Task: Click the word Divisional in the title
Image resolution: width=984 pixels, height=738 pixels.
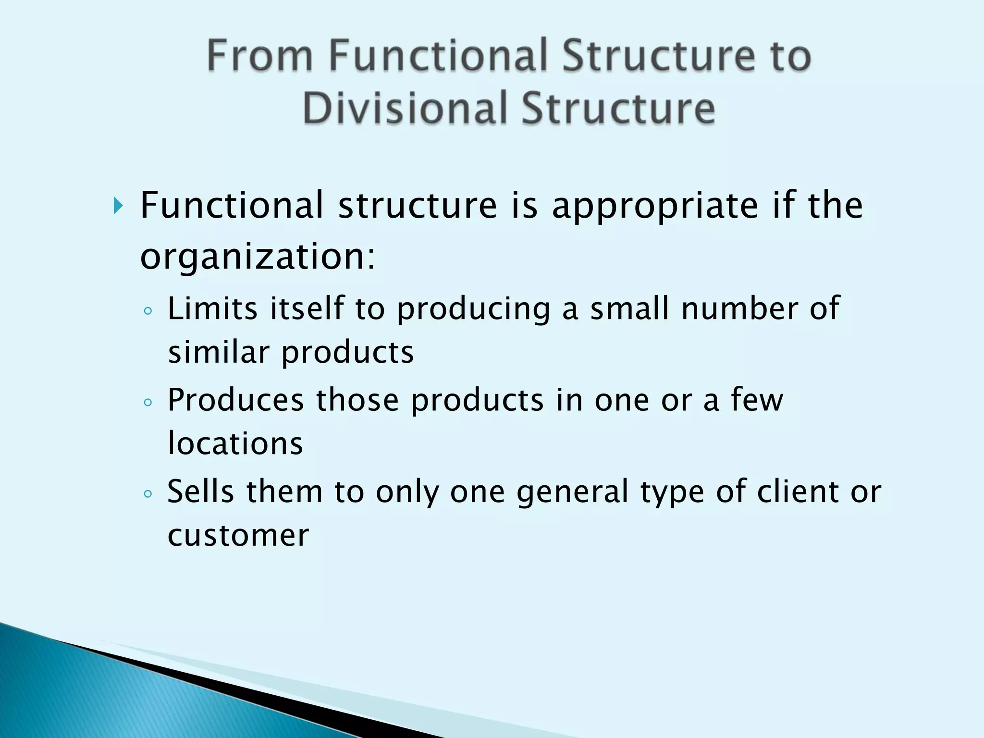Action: pyautogui.click(x=405, y=108)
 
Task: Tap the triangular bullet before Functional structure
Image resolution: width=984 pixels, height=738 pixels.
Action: pyautogui.click(x=118, y=206)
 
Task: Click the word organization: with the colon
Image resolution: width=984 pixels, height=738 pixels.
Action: pyautogui.click(x=257, y=257)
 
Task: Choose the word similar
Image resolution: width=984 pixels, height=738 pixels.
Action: pyautogui.click(x=219, y=352)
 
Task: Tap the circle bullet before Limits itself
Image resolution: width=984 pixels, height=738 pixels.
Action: pyautogui.click(x=148, y=311)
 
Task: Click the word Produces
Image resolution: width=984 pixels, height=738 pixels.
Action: pyautogui.click(x=235, y=400)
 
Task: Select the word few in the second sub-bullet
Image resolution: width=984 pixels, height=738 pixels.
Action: pyautogui.click(x=757, y=400)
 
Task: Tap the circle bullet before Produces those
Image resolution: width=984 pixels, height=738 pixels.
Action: pyautogui.click(x=148, y=403)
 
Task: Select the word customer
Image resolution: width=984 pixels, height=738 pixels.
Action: pyautogui.click(x=238, y=535)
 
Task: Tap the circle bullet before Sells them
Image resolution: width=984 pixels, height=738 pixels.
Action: pyautogui.click(x=148, y=494)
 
